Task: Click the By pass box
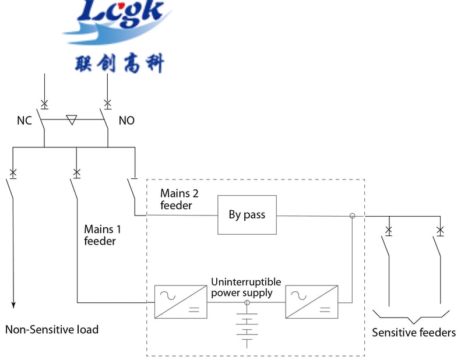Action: pos(247,214)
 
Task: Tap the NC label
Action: pos(24,121)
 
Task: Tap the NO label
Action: pos(126,121)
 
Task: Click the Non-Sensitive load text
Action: pos(52,330)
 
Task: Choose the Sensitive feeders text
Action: pos(414,333)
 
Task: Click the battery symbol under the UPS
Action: pos(247,329)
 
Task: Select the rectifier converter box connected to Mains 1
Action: pos(181,301)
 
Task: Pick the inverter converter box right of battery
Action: pos(312,301)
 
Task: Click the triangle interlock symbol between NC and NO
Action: pos(72,120)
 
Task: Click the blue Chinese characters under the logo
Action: pos(119,62)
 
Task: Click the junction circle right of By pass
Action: pos(352,216)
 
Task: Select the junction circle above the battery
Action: pos(247,303)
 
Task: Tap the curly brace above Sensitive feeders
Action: pos(411,317)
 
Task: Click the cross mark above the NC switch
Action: pos(44,104)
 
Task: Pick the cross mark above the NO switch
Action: pos(107,104)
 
